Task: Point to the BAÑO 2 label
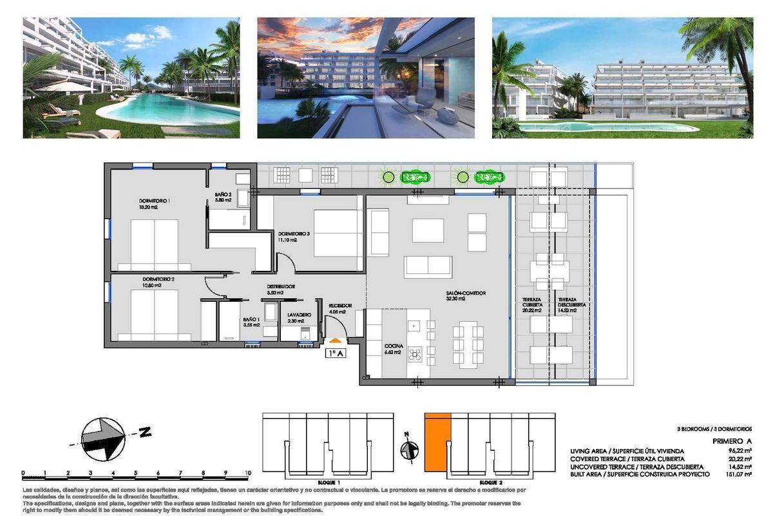[223, 195]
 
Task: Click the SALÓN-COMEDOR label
[465, 293]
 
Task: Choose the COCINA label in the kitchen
[394, 346]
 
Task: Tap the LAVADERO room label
[300, 315]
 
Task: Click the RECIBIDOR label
[339, 306]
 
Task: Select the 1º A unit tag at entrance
[336, 353]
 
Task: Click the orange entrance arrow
[336, 341]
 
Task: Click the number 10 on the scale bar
[247, 473]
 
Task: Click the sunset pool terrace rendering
[366, 78]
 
